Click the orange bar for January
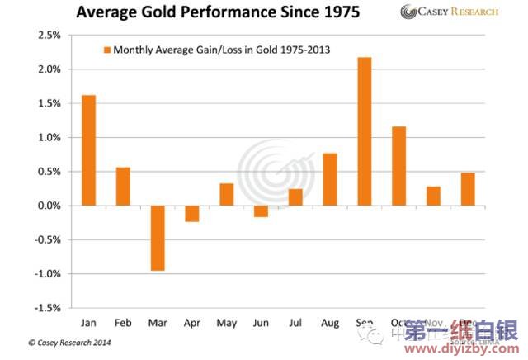88,150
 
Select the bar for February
123,187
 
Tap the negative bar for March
158,238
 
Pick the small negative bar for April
191,213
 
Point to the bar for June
261,211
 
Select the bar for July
295,197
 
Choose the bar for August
330,179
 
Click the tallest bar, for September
365,131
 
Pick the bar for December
468,189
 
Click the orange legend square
106,50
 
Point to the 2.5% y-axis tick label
47,36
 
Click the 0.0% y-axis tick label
47,206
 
